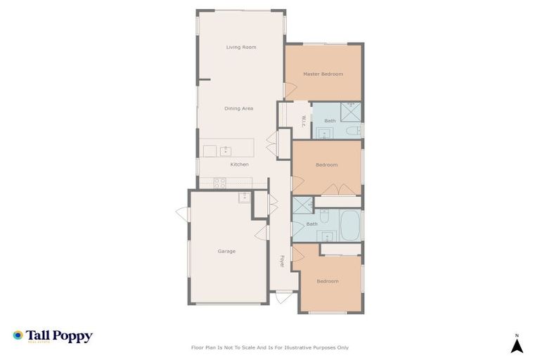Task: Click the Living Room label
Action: [x=240, y=47]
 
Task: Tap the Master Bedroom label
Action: [x=323, y=74]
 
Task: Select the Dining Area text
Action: [x=238, y=108]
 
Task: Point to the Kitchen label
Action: [x=239, y=165]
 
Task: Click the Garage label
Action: [x=226, y=251]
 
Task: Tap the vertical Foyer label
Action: [x=282, y=261]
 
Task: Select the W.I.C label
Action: [x=304, y=120]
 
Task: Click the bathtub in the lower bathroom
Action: [x=349, y=225]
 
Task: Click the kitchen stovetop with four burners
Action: [x=219, y=183]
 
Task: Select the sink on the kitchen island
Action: [x=226, y=150]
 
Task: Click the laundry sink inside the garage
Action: [x=244, y=196]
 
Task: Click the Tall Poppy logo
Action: [x=52, y=336]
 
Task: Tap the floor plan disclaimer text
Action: [x=269, y=347]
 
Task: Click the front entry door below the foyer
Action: [x=283, y=298]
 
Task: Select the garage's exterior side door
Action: [x=182, y=213]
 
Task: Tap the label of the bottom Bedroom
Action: [x=327, y=281]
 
